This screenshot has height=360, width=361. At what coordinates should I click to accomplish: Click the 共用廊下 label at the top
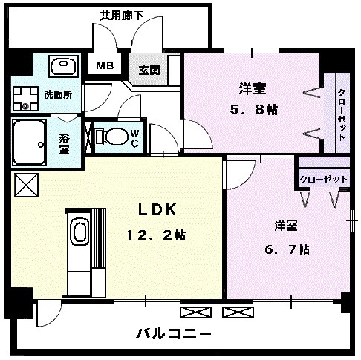123,13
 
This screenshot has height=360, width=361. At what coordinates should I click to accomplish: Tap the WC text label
134,137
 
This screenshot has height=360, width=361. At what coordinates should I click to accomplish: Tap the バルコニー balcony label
173,333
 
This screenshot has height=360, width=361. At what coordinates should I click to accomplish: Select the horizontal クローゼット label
324,179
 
